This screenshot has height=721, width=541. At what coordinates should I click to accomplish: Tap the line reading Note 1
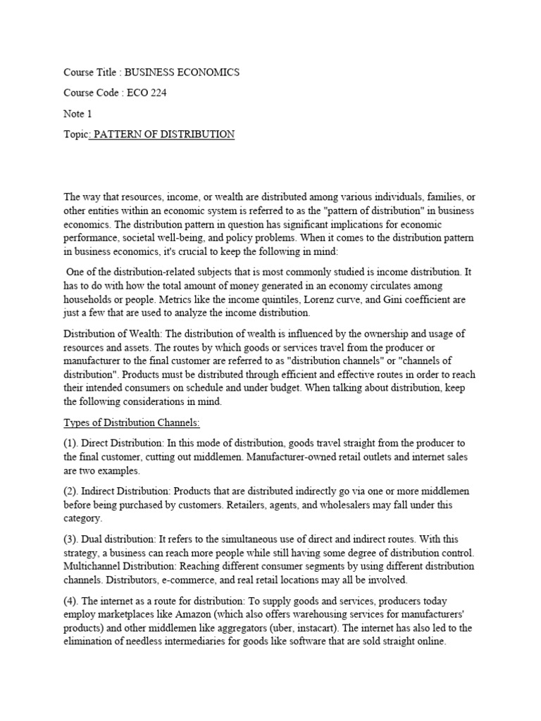(x=78, y=113)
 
